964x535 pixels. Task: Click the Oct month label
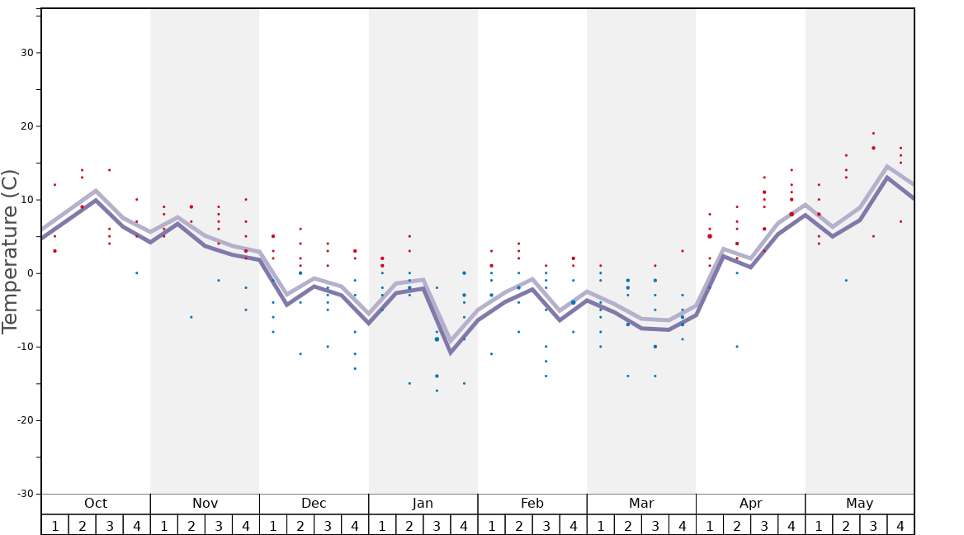[96, 504]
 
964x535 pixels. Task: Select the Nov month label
[205, 504]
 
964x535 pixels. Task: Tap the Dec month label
[314, 504]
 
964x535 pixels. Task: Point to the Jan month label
[423, 504]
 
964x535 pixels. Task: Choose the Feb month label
[532, 504]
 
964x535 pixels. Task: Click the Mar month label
[641, 504]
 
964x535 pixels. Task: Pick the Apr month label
[750, 504]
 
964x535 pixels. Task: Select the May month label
[859, 504]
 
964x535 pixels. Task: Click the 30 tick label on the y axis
[26, 53]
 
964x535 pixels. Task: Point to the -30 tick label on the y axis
[24, 494]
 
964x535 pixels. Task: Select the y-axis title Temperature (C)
[10, 251]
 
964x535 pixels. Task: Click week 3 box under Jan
[437, 525]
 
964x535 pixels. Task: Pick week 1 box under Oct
[55, 525]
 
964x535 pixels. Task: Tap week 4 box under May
[900, 525]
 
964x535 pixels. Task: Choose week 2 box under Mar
[627, 525]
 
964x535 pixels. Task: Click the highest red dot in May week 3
[873, 133]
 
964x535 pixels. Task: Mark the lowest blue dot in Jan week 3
[437, 391]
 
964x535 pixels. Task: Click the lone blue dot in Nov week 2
[191, 317]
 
